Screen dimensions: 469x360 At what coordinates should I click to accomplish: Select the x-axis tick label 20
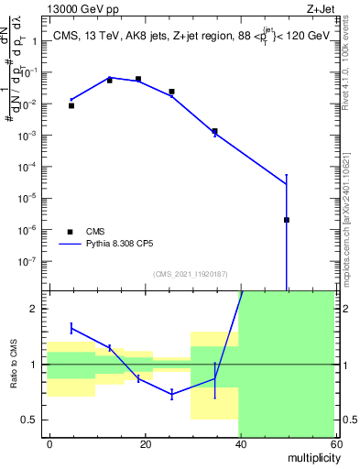145,443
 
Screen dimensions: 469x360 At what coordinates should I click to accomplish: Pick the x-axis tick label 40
240,443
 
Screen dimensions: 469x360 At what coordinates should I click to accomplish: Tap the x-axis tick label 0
50,443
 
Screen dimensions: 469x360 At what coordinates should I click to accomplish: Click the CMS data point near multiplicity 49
287,220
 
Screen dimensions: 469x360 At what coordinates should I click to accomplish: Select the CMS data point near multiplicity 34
214,131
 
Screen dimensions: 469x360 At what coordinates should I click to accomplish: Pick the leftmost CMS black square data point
71,105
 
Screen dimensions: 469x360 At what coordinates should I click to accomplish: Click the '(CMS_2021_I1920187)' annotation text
190,274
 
